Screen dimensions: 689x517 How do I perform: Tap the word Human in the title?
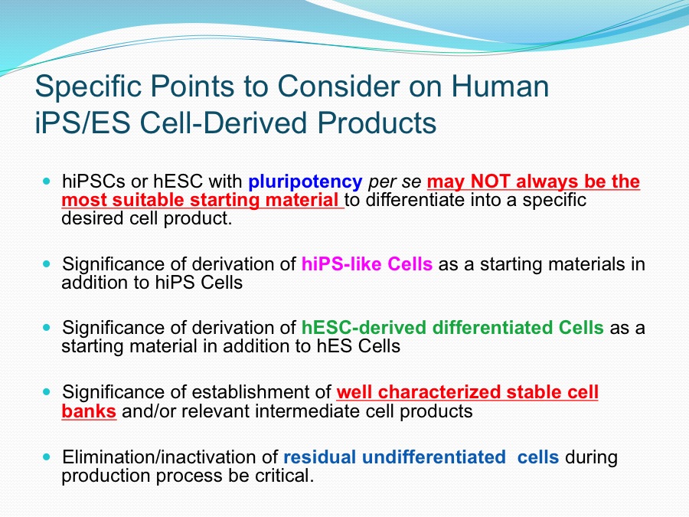(x=500, y=86)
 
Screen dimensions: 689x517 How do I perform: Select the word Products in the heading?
(x=377, y=123)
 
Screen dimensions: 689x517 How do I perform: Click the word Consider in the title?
(x=338, y=86)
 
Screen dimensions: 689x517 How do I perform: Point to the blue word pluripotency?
(x=305, y=182)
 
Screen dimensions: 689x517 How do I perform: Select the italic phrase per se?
(x=394, y=182)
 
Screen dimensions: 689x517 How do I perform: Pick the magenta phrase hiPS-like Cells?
(x=367, y=264)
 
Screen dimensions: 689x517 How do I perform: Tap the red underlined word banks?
(x=89, y=411)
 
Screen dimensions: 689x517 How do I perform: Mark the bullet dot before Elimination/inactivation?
(x=47, y=456)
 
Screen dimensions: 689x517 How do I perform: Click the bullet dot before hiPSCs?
(x=47, y=181)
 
